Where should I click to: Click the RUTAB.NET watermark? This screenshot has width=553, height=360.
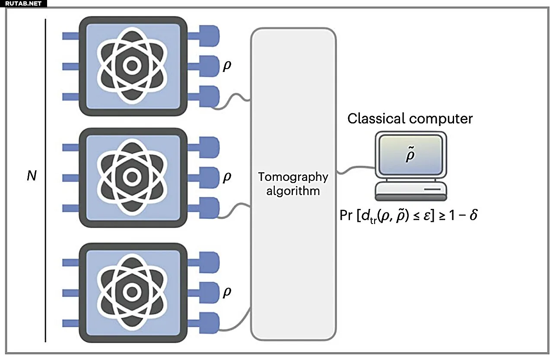(x=23, y=3)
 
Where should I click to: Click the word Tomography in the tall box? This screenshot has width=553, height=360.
(x=293, y=177)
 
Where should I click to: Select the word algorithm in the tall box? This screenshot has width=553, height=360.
(x=293, y=191)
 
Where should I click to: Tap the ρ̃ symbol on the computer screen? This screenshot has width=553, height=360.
(x=410, y=156)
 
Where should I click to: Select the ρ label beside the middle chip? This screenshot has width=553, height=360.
(x=227, y=177)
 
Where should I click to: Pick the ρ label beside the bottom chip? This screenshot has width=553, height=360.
(x=227, y=292)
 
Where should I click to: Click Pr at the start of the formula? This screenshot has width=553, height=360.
(x=346, y=215)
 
